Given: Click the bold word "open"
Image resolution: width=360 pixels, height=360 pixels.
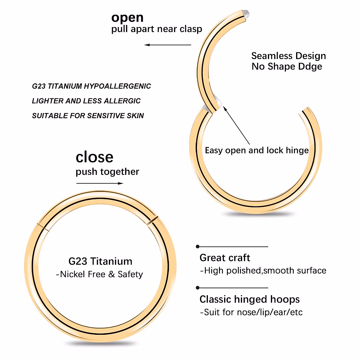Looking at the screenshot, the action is pos(127,18).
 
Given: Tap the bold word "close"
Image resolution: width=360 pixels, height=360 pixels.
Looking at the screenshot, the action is pos(94,157).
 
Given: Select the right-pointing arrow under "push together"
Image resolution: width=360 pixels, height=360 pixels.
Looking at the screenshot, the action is pos(100,183).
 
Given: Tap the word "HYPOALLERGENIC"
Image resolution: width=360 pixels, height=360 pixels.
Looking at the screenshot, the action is pos(117,86).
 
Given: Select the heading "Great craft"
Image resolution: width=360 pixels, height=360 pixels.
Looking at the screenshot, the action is pos(225,258).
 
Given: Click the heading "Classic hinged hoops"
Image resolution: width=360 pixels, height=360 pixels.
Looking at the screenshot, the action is pos(249,299).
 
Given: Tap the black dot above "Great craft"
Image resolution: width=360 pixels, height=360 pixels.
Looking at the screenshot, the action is pos(197,247).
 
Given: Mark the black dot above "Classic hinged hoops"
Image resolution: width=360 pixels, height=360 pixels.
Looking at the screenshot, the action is pos(197,288).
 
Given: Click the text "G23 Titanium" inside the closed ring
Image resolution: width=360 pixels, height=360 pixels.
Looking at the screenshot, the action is pos(100,261).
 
